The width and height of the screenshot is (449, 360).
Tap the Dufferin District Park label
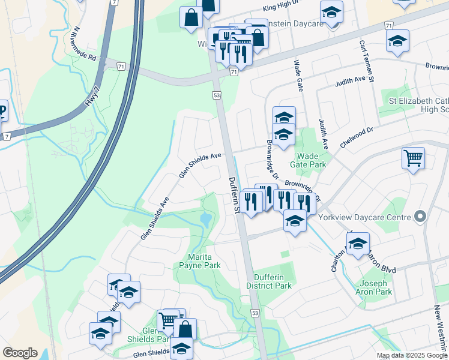[273, 281]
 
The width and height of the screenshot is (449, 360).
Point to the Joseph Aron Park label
[376, 287]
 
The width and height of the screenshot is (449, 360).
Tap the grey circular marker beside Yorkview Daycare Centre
[420, 217]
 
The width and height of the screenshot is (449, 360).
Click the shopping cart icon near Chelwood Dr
[413, 158]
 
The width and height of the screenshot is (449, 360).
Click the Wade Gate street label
[298, 76]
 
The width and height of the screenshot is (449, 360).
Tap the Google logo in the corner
[20, 353]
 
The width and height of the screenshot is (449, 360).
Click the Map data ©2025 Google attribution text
[411, 355]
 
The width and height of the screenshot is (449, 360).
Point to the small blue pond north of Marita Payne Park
[206, 220]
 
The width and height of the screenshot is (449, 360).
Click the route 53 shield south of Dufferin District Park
[256, 313]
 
